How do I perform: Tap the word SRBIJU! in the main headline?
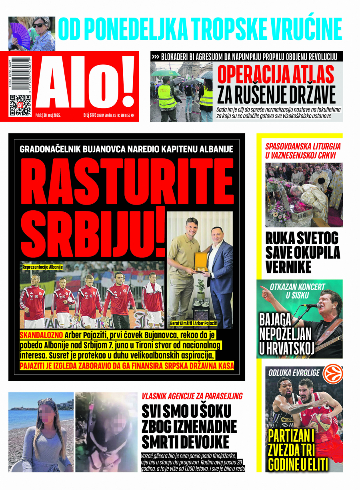pyautogui.click(x=97, y=234)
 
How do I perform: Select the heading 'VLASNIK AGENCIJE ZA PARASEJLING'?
pyautogui.click(x=192, y=396)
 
